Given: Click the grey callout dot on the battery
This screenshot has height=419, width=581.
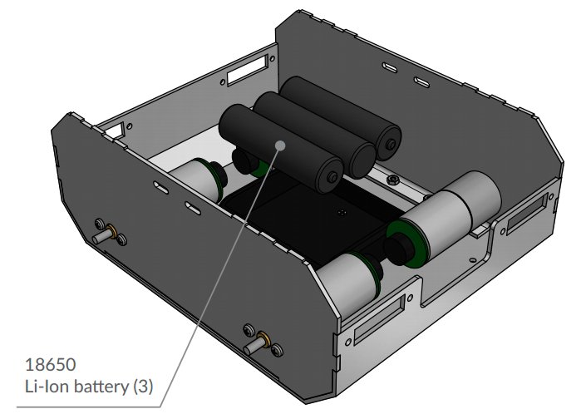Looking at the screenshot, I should [x=280, y=145].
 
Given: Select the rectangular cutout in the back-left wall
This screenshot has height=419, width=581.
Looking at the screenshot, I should [x=248, y=70].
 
